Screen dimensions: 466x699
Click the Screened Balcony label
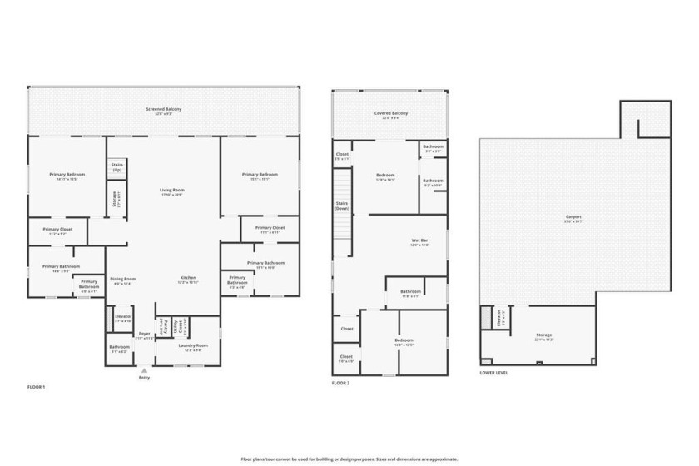pos(163,110)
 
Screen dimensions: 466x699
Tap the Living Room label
pos(172,191)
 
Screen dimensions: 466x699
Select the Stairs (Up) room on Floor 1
pos(117,166)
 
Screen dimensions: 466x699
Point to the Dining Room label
pos(123,280)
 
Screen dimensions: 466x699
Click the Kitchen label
pos(188,280)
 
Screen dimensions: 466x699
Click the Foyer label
pos(145,335)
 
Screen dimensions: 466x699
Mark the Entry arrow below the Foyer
pos(145,370)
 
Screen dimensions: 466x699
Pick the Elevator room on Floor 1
pos(123,318)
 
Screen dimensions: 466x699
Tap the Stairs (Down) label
pos(341,206)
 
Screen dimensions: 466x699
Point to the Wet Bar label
pos(419,242)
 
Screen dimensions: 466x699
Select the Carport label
pos(573,218)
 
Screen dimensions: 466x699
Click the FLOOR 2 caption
pos(340,384)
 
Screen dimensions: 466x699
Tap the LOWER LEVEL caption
pos(494,373)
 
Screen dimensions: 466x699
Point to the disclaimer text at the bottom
pos(349,459)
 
